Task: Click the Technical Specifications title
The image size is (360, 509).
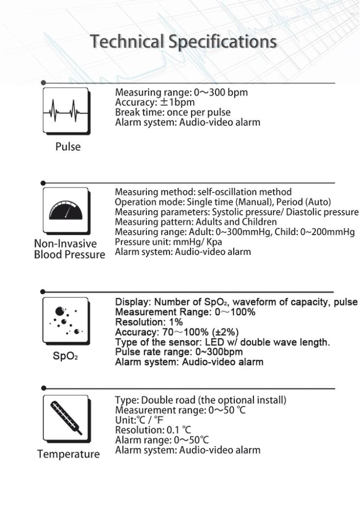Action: [183, 41]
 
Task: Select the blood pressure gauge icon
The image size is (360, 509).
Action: [66, 210]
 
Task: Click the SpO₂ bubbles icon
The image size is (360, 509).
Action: [66, 320]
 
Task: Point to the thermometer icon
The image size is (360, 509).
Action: [66, 418]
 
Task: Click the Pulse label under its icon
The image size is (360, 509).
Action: [68, 147]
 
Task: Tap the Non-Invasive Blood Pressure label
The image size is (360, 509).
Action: [69, 249]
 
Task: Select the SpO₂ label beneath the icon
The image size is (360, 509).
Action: [66, 356]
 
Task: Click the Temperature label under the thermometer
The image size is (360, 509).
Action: [68, 454]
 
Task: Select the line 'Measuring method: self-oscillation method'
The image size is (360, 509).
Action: [203, 192]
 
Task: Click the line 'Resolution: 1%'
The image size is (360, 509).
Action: [149, 322]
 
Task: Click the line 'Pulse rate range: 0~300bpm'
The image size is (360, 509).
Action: [179, 352]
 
